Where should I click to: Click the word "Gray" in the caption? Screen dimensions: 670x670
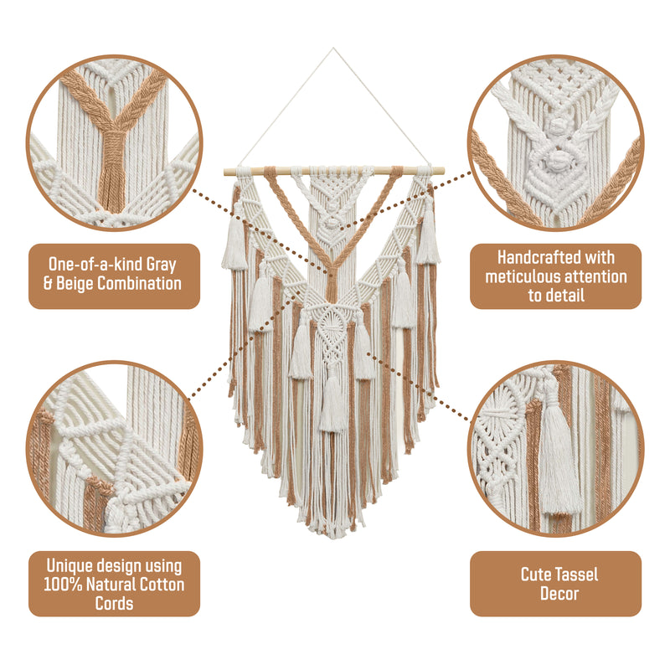[161, 265]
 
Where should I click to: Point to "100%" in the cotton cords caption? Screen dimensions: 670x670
[63, 585]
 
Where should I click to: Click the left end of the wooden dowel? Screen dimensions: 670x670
[224, 172]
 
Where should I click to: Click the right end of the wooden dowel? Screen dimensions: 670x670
[444, 172]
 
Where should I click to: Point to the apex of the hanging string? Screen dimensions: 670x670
[333, 49]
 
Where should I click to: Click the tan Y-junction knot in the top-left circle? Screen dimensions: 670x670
[113, 136]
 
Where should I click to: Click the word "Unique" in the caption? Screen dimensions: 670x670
[70, 566]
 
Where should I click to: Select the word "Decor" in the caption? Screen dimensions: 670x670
[559, 594]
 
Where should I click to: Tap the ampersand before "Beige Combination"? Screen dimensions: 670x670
[49, 284]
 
